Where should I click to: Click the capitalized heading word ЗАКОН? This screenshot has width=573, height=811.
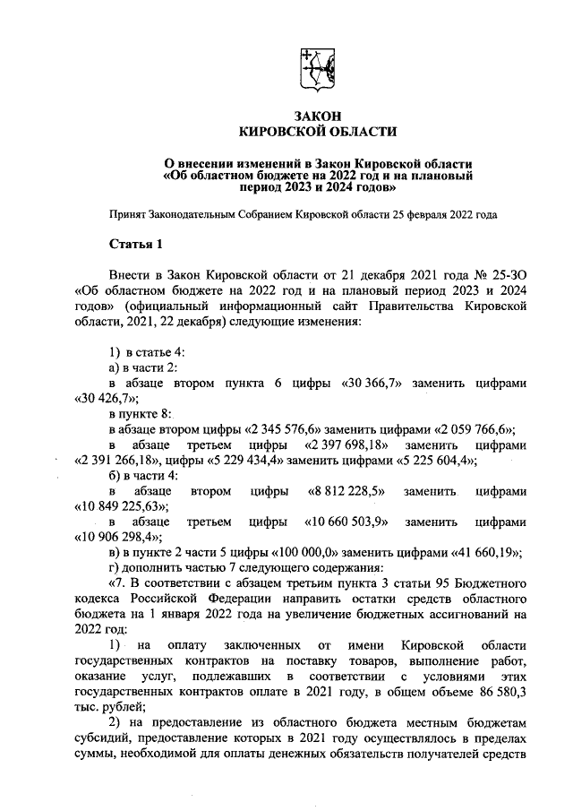[x=318, y=116]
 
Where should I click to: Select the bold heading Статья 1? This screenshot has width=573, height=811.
[x=135, y=244]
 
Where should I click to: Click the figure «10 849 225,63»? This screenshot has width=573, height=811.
[x=116, y=506]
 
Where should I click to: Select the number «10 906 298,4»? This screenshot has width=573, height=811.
[x=116, y=537]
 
